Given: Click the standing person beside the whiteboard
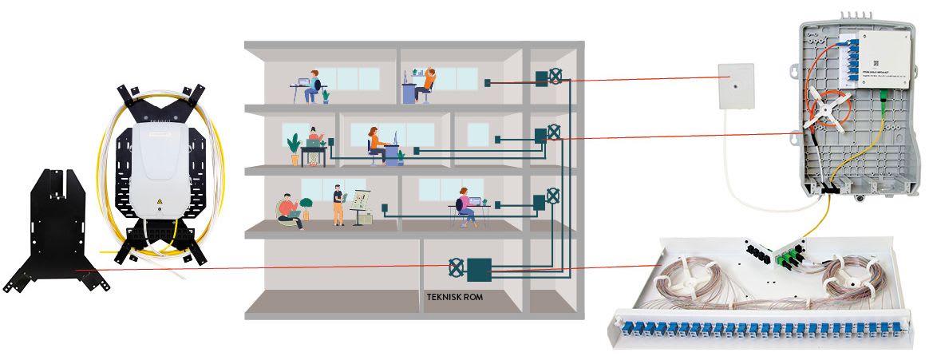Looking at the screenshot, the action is coord(338,204).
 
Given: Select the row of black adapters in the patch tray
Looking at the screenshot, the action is coord(758,247).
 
